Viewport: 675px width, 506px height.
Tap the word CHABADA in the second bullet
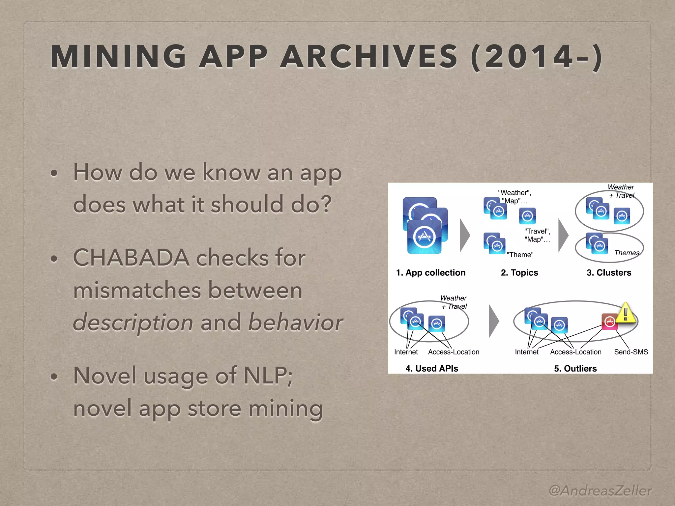131,258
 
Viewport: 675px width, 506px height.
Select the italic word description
133,322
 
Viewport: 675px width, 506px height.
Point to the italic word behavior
295,322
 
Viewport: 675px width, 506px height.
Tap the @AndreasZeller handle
600,491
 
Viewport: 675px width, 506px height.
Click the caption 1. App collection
430,273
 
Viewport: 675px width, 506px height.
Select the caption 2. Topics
519,273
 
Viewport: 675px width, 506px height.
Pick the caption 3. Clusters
609,273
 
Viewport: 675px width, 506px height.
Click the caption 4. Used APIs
431,368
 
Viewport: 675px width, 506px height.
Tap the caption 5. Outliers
575,368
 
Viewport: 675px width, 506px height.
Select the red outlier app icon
610,322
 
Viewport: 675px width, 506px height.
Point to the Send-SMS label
631,352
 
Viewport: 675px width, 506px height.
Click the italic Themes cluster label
627,253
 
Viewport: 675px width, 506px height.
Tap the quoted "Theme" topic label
520,255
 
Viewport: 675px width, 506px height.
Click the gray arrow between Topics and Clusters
563,235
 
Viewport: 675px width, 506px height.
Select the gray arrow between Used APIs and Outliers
493,321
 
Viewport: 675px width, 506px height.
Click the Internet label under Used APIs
406,352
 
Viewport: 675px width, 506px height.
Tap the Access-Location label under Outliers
575,352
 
